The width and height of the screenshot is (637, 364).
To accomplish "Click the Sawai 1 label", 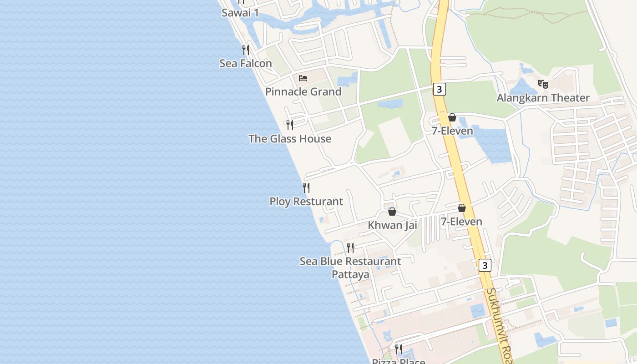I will tap(240, 13).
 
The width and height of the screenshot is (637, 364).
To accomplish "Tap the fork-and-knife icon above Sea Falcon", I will tap(246, 50).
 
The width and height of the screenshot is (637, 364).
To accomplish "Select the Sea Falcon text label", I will tap(246, 63).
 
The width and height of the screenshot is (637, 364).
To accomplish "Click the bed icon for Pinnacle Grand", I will tap(303, 78).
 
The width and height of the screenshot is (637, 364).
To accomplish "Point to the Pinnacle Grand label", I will tap(303, 92).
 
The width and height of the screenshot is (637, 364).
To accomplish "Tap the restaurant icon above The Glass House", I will tap(290, 125).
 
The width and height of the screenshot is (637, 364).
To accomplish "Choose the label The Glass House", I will tap(290, 139).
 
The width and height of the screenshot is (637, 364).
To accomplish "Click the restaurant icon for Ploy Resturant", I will tap(306, 187).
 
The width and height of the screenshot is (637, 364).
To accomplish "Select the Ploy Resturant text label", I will tap(306, 202).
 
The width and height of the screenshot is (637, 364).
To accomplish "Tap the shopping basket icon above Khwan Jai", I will tap(392, 212).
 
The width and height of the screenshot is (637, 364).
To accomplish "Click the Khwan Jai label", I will tap(392, 225).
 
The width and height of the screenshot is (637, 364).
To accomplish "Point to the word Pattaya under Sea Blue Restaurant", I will tap(350, 275).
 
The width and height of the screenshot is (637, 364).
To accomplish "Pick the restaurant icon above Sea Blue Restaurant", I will tap(350, 248).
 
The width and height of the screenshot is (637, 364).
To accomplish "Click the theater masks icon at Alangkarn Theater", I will tap(543, 84).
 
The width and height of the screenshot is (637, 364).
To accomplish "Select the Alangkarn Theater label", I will tap(543, 98).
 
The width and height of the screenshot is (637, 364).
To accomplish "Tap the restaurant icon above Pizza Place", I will tap(399, 349).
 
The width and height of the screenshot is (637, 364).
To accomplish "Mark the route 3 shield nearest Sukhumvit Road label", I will tap(485, 265).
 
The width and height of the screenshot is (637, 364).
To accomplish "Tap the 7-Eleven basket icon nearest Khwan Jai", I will tap(461, 208).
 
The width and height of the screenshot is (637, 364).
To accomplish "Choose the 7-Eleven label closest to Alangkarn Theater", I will tap(452, 131).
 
